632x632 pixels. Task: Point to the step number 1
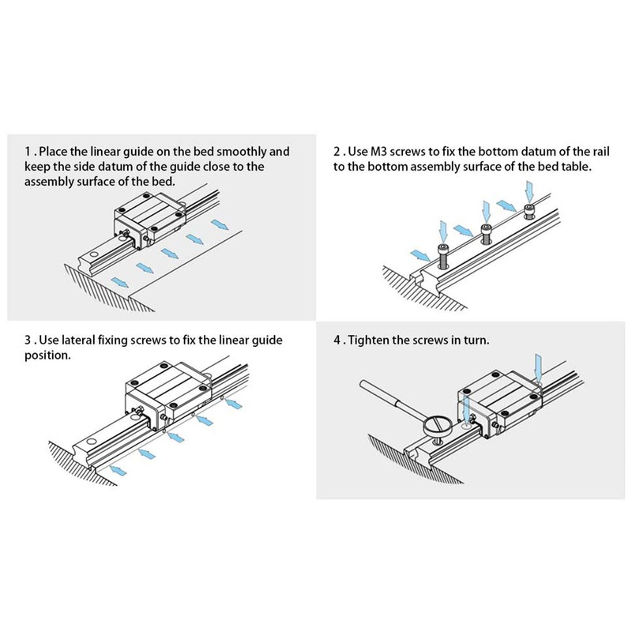pos(28,152)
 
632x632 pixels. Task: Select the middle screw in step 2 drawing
pos(487,233)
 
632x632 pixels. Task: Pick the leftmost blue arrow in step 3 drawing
pos(118,470)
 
